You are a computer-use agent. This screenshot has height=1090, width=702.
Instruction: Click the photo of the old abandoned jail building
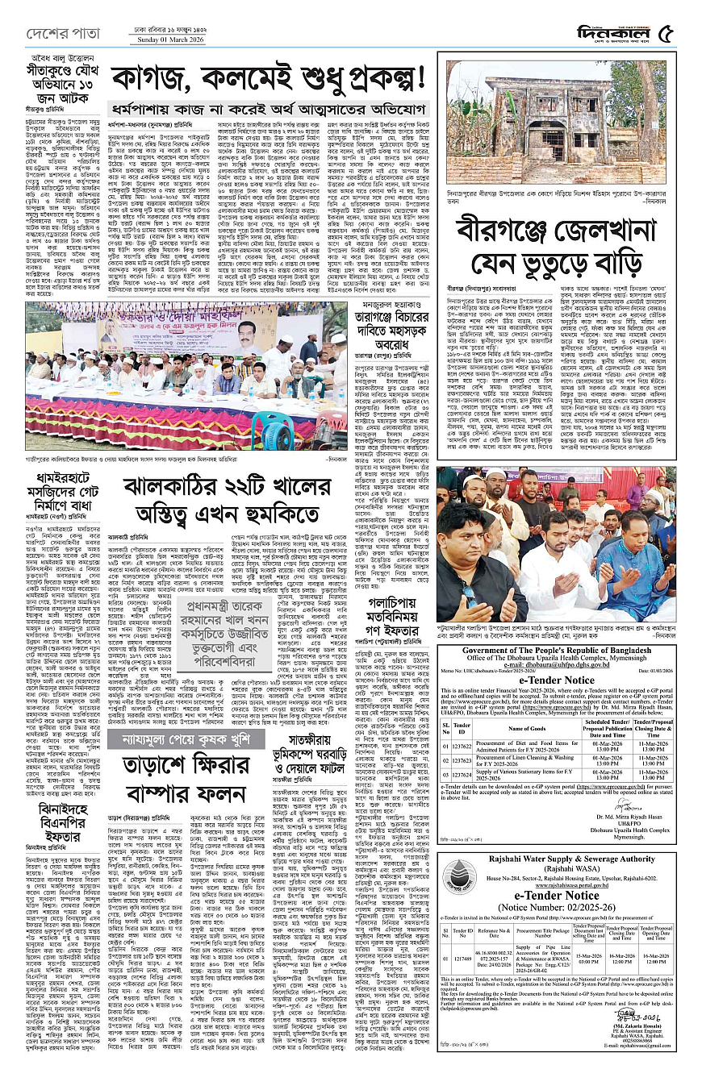(558, 119)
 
